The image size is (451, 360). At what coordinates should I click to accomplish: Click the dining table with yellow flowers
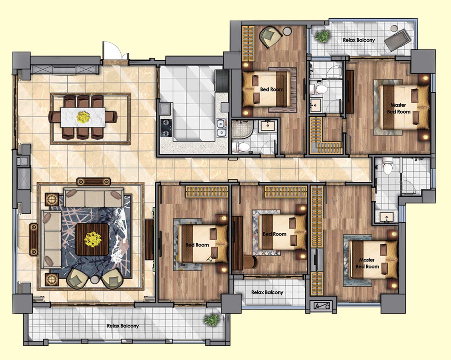83,117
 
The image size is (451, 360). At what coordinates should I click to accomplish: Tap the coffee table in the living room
92,240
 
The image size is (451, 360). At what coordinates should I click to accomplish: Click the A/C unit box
322,306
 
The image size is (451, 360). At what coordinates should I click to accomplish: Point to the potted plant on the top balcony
323,36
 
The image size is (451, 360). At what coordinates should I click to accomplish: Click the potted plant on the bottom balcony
212,320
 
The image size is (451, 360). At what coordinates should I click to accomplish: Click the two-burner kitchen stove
166,128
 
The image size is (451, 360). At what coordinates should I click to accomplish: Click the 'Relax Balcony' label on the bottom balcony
123,326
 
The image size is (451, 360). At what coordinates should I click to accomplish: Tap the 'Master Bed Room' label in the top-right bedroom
398,108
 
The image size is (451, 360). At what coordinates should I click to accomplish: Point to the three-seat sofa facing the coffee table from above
94,198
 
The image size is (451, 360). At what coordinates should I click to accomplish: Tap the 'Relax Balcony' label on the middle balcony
267,292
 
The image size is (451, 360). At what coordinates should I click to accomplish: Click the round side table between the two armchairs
95,280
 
